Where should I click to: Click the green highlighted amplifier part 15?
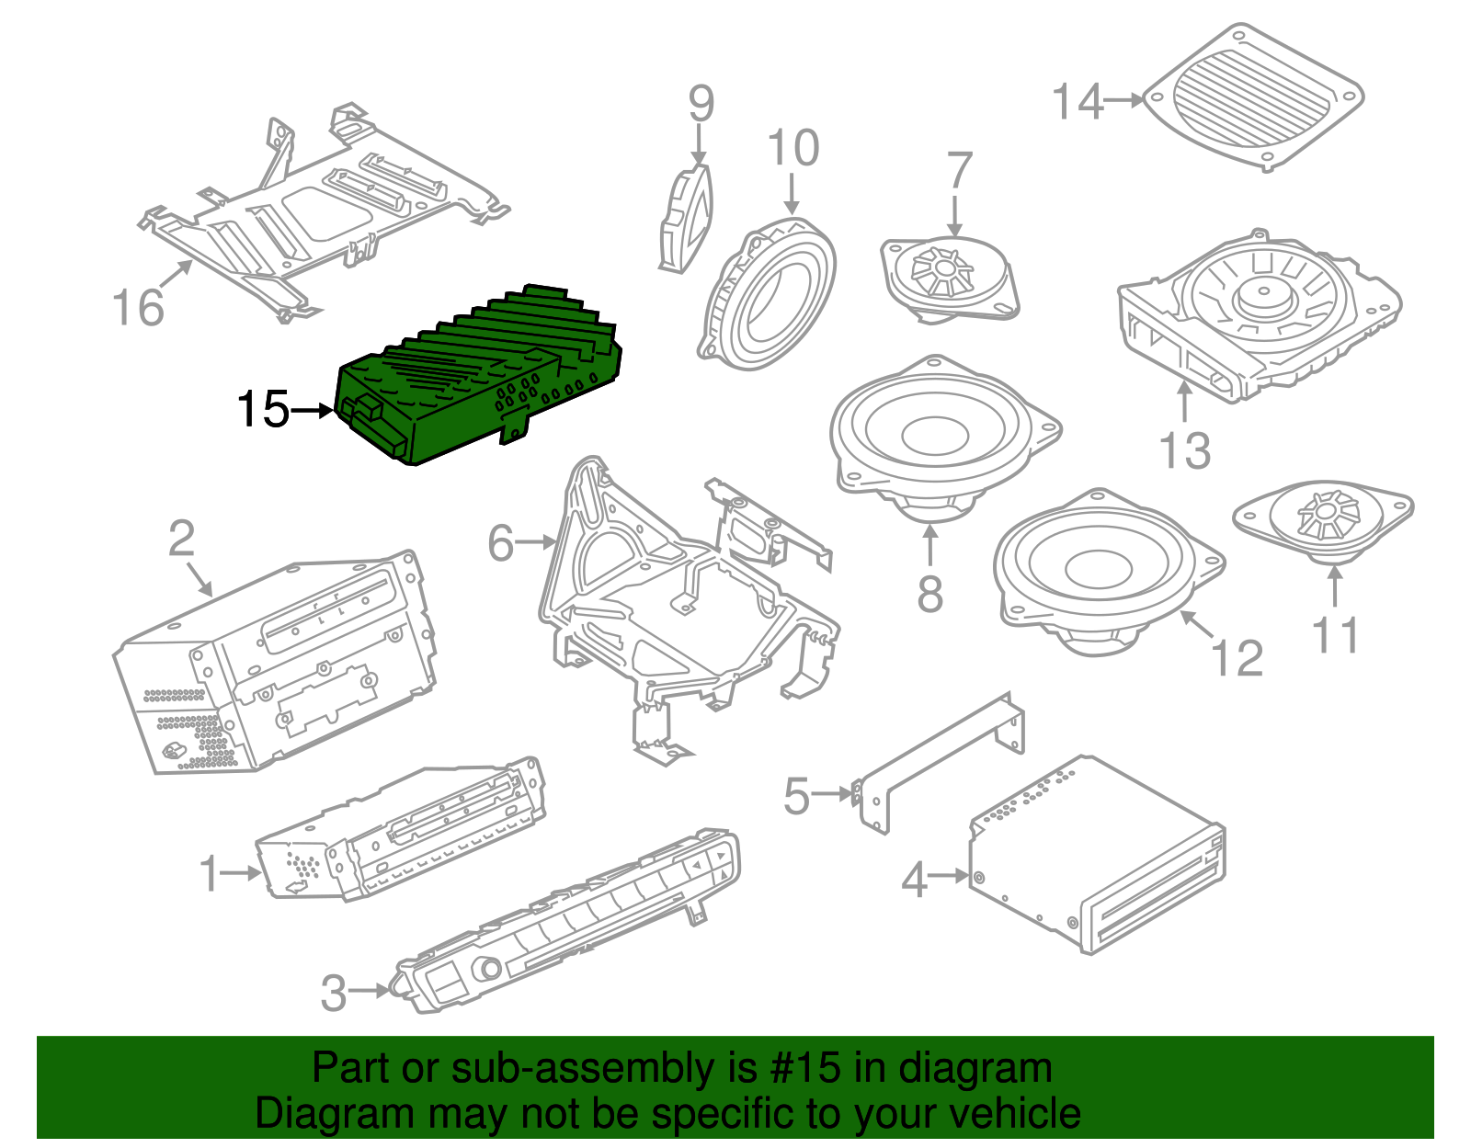[x=478, y=377]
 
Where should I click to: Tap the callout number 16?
[x=138, y=307]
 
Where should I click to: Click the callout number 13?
[x=1185, y=450]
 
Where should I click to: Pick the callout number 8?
[x=929, y=595]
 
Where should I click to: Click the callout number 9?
[x=701, y=104]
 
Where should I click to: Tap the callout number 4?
[x=914, y=880]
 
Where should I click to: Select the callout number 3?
[x=334, y=993]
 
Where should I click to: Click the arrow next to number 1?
[x=245, y=873]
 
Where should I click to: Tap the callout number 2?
[x=182, y=539]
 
